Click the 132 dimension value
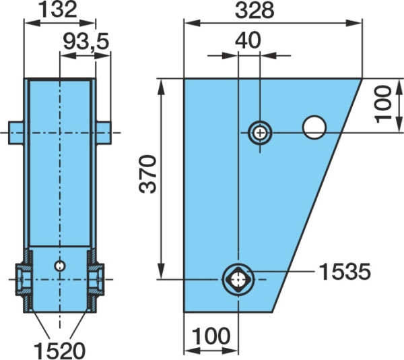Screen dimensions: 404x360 pos(59,10)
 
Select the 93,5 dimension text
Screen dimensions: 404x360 pos(86,42)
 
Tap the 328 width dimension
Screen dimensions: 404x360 pos(255,11)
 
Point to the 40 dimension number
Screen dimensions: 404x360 pos(248,40)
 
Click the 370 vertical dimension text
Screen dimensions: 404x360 pos(148,174)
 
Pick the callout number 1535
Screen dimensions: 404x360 pos(345,272)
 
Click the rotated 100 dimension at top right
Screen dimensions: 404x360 pos(382,104)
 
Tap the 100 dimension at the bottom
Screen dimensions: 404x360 pos(211,336)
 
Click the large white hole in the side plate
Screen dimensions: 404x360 pos(314,127)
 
